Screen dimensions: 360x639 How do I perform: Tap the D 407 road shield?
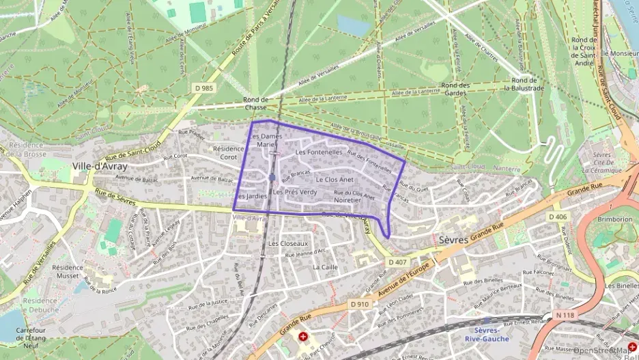coord(398,262)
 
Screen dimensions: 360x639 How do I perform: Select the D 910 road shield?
coord(359,304)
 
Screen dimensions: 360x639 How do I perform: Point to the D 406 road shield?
coord(558,217)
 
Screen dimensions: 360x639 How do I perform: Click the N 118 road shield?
coord(565,315)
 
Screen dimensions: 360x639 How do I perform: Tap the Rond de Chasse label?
coord(255,103)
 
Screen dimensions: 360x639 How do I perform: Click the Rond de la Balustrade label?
coord(524,83)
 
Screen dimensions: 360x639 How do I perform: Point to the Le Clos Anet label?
coord(335,180)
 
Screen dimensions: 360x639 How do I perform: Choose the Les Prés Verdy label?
coord(295,193)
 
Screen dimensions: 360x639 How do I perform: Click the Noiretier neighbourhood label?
coord(347,201)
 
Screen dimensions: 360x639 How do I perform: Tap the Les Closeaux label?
coord(288,243)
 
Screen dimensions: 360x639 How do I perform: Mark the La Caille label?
coord(325,267)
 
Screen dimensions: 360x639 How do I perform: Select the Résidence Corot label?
coord(229,152)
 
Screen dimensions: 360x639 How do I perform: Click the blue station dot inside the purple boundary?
coord(272,178)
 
